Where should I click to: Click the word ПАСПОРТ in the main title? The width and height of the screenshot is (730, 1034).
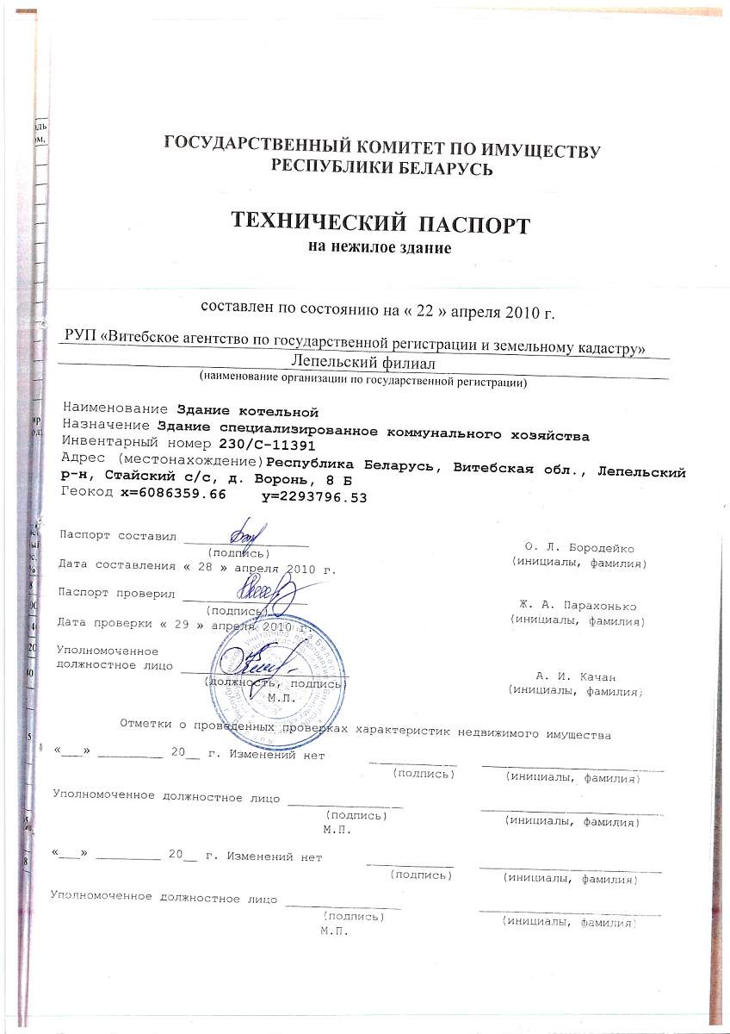click(473, 225)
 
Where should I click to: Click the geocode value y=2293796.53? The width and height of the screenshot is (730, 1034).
click(313, 496)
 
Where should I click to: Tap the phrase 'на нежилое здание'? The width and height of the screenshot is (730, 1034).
click(380, 247)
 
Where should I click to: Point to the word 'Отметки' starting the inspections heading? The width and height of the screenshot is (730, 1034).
click(145, 723)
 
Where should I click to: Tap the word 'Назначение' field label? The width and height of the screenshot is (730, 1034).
click(109, 425)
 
